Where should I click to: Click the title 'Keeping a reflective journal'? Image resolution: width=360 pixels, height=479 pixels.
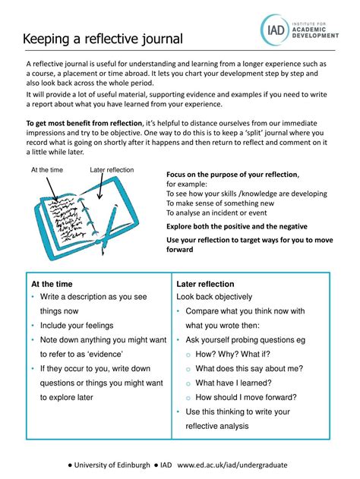(x=103, y=39)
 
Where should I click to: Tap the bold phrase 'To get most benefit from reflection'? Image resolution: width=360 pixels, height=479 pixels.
(x=84, y=123)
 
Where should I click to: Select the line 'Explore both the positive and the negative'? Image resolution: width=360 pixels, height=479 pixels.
(x=237, y=226)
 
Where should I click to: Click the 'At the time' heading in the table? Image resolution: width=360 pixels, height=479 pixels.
(x=52, y=284)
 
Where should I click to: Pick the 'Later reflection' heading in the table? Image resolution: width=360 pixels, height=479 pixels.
(x=205, y=284)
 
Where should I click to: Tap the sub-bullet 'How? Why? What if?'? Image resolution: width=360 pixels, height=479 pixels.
(x=233, y=354)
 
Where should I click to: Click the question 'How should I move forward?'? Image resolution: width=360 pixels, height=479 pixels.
(x=246, y=397)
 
